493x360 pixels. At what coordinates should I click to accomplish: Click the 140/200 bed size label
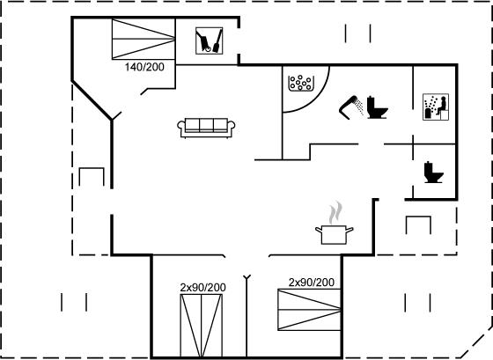pos(144,67)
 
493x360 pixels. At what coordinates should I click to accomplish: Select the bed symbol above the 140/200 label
pos(143,39)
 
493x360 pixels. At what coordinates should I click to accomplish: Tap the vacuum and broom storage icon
pos(210,40)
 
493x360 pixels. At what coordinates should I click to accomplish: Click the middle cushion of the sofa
pos(206,125)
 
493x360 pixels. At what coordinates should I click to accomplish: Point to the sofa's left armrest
pos(180,126)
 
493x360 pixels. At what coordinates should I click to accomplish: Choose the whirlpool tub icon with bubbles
pos(301,83)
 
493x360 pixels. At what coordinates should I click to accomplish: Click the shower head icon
pos(351,107)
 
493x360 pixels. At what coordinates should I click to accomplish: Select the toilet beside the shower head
pos(377,107)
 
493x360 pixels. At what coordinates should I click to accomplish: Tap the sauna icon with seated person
pos(436,107)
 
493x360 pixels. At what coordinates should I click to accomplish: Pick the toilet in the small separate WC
pos(433,172)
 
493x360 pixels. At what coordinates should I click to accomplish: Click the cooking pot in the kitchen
pos(335,234)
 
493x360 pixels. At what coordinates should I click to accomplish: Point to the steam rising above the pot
pos(335,212)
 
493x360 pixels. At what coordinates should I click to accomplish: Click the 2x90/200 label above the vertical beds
pos(202,287)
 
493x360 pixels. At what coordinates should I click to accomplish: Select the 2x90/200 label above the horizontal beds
pos(312,283)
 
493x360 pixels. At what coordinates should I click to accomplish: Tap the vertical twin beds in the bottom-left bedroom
pos(202,326)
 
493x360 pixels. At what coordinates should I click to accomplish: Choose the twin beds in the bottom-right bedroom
pos(309,310)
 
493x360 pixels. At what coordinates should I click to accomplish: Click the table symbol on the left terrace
pos(92,169)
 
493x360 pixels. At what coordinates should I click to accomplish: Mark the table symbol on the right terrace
pos(418,217)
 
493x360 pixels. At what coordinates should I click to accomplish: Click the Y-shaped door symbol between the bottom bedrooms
pos(247,277)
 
